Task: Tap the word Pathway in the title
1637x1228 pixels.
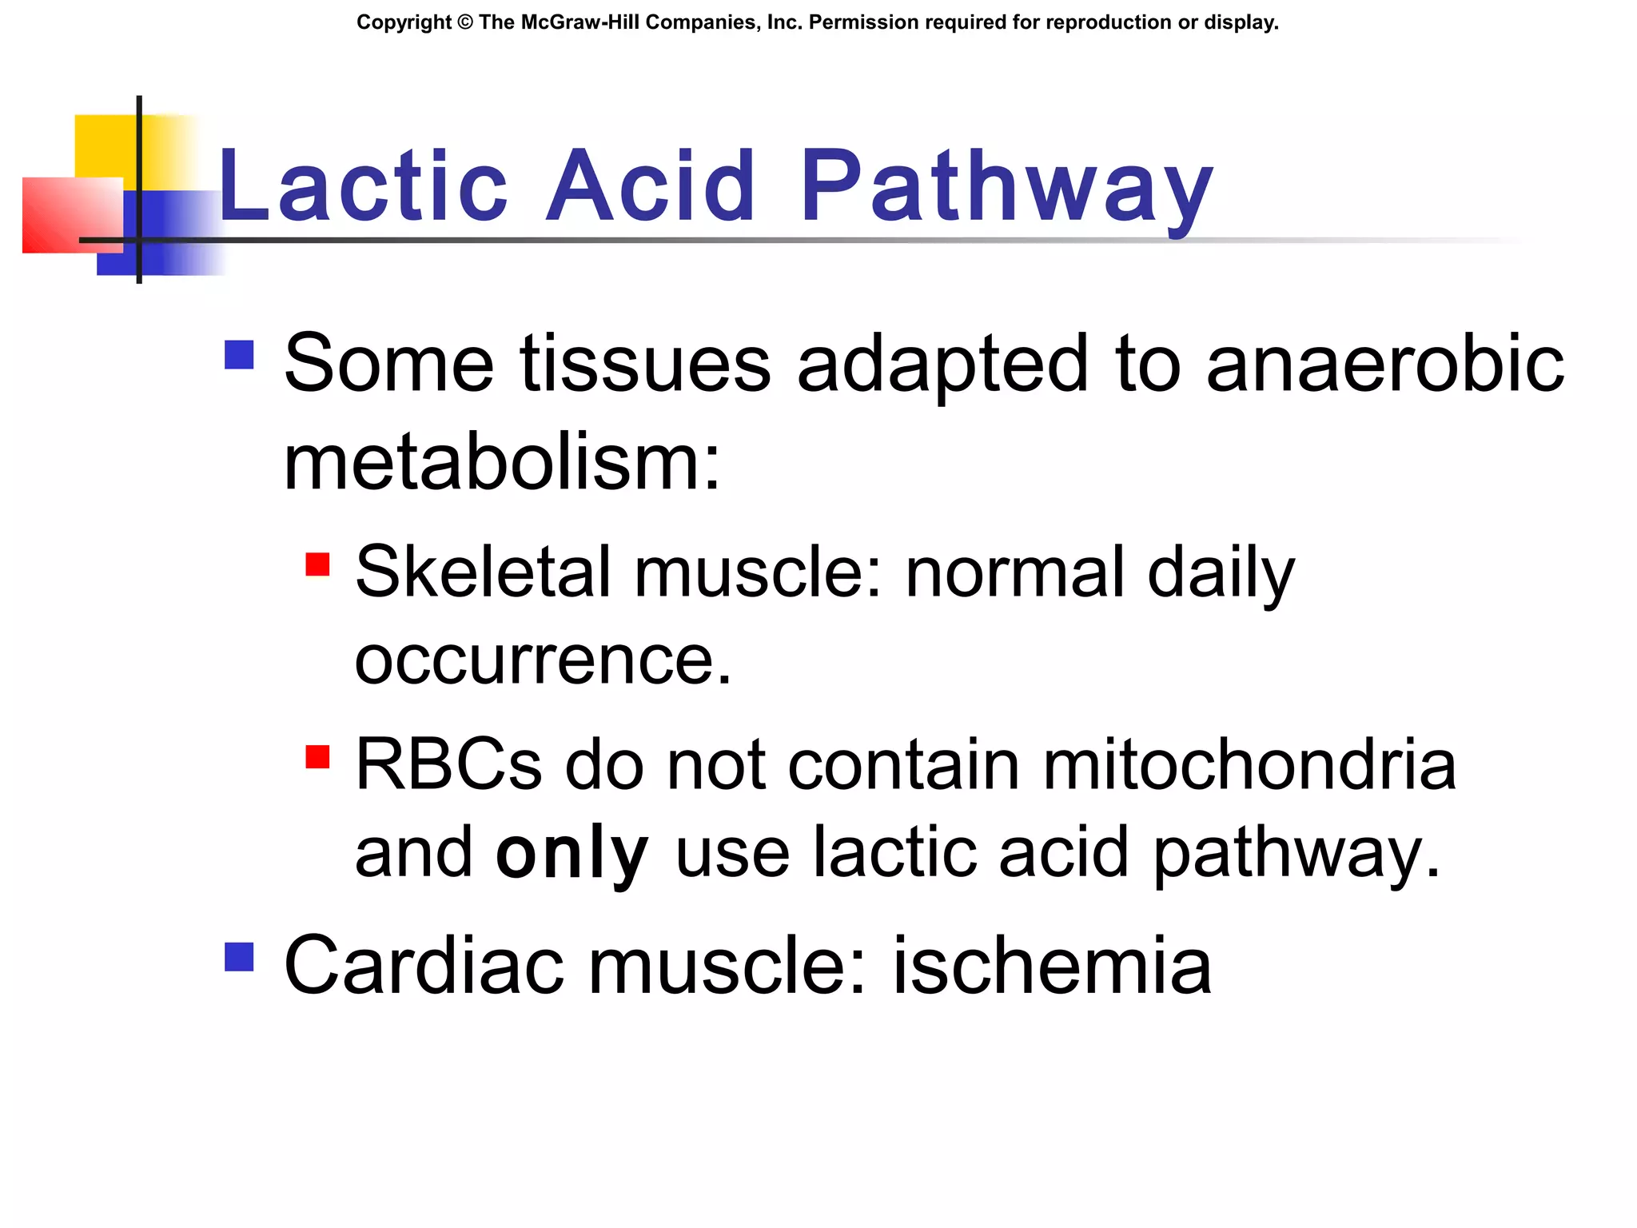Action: (x=1006, y=187)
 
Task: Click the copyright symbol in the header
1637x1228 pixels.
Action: (x=465, y=22)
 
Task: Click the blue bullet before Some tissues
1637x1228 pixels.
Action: (x=239, y=355)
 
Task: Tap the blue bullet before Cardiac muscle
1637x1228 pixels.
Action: (x=239, y=956)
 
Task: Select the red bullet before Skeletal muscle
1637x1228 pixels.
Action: (x=317, y=564)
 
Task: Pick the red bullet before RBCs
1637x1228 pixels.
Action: (x=317, y=756)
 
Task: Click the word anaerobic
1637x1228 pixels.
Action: (x=1384, y=365)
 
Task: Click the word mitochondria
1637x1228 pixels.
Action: (x=1249, y=764)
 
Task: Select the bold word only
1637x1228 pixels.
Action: (x=572, y=854)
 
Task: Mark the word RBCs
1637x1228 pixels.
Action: (x=448, y=764)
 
